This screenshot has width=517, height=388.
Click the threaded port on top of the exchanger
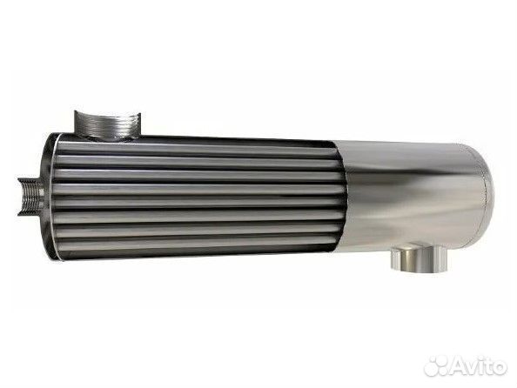107,125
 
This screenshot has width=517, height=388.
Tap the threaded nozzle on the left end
30,197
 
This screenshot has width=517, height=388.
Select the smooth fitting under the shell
419,257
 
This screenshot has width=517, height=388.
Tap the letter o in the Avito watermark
499,367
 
